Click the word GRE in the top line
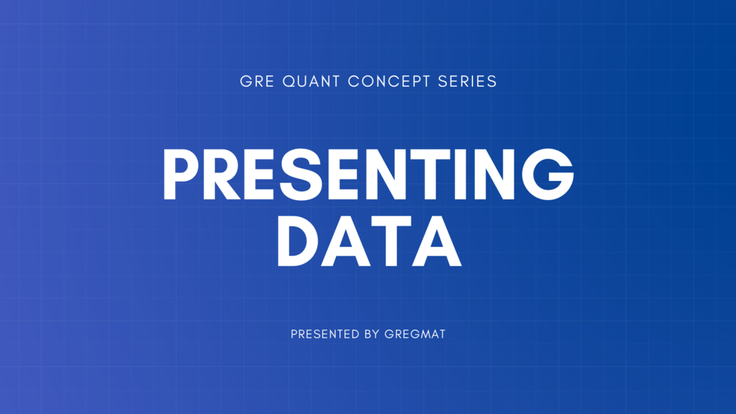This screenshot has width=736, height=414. coord(255,82)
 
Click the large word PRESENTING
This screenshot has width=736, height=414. coord(368,174)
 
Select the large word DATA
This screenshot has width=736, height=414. coord(368,240)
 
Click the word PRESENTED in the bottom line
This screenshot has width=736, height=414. coord(325,334)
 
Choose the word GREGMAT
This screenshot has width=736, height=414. coord(415,334)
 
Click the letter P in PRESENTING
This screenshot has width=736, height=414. coord(180,174)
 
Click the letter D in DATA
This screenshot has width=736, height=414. coord(299,240)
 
